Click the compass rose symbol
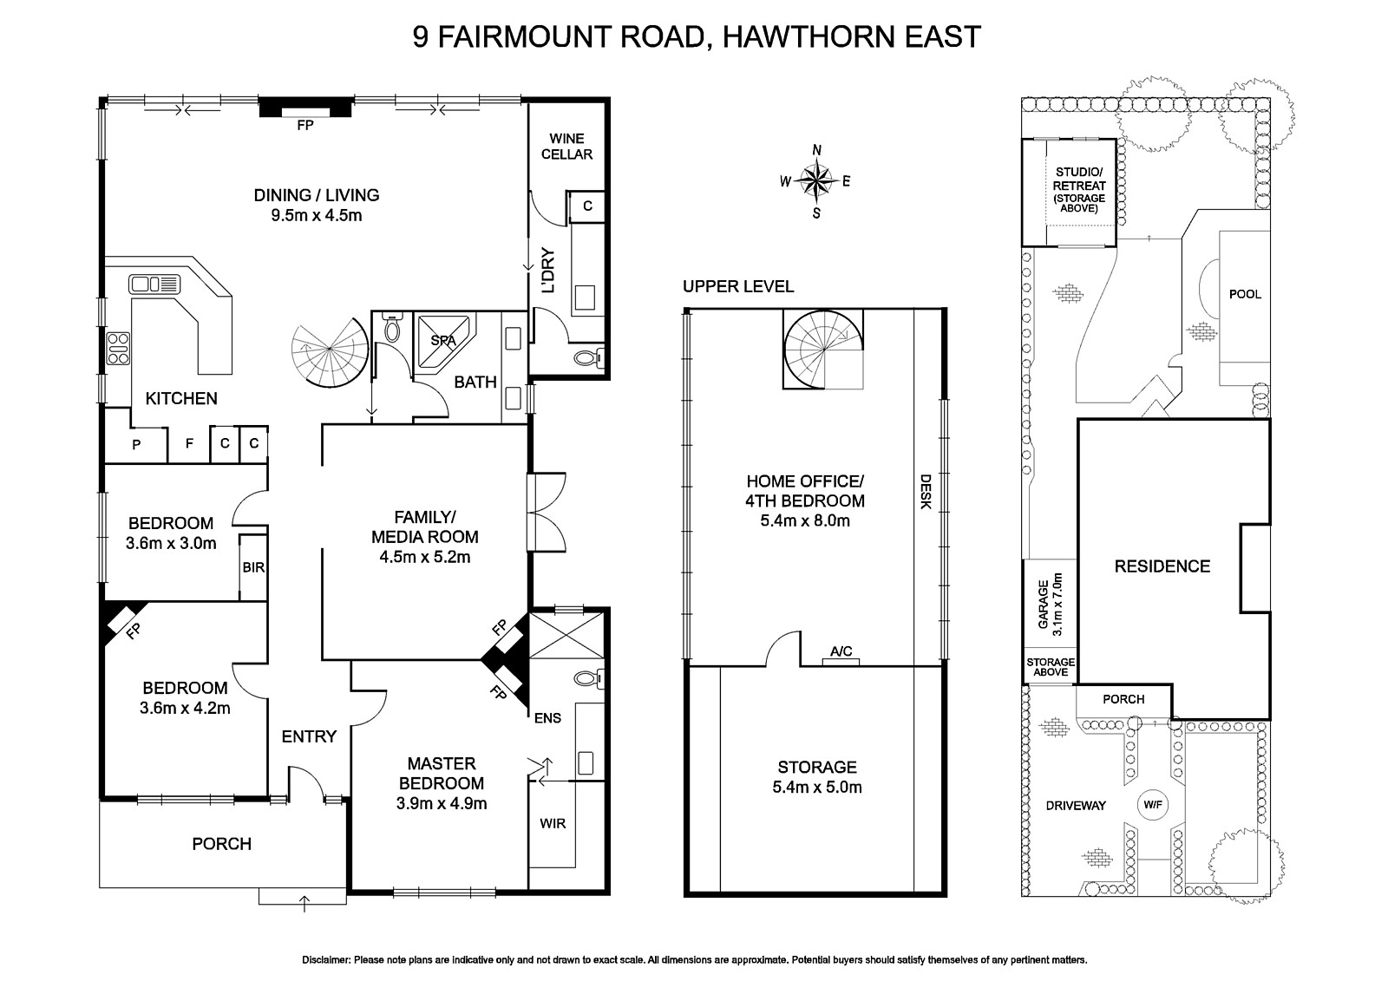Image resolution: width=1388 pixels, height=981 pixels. [816, 181]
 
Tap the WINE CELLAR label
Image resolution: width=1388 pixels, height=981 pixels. [566, 146]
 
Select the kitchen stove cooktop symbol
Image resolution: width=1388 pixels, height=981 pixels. [118, 348]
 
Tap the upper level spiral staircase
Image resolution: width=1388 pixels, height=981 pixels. [823, 351]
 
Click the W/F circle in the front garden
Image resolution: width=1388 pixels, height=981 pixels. [1152, 804]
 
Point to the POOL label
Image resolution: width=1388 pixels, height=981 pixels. [1245, 294]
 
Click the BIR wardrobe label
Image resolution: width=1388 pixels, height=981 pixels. [253, 568]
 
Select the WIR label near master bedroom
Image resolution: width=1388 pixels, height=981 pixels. [553, 822]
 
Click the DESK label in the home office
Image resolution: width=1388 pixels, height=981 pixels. [925, 491]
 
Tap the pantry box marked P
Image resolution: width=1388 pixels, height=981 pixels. [135, 444]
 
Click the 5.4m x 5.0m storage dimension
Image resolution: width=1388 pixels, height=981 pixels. [817, 788]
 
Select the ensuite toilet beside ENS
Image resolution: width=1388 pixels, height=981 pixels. [588, 678]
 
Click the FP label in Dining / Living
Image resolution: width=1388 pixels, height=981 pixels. [304, 125]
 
